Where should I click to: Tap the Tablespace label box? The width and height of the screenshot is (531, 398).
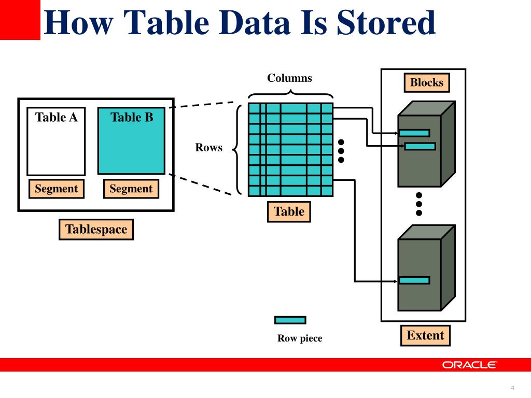96,229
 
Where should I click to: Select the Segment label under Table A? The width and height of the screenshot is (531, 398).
56,189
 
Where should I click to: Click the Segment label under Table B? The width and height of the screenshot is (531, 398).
131,189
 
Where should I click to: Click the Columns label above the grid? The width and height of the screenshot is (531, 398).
289,78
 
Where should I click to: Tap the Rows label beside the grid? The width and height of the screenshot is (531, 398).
208,148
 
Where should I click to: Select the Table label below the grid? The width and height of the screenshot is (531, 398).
289,211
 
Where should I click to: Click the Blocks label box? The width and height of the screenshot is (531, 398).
427,82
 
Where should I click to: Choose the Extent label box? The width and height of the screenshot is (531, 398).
425,335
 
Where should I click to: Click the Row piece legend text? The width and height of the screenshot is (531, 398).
300,338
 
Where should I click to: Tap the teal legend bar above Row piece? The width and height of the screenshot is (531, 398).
290,320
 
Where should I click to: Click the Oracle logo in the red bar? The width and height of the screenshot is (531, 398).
469,365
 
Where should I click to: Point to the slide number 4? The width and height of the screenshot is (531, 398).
512,388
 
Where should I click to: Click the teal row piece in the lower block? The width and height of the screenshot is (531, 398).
414,280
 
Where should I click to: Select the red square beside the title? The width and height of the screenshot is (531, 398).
20,20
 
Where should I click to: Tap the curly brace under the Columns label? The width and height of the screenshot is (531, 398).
290,94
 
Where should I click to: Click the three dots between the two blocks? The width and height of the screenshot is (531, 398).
419,204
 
